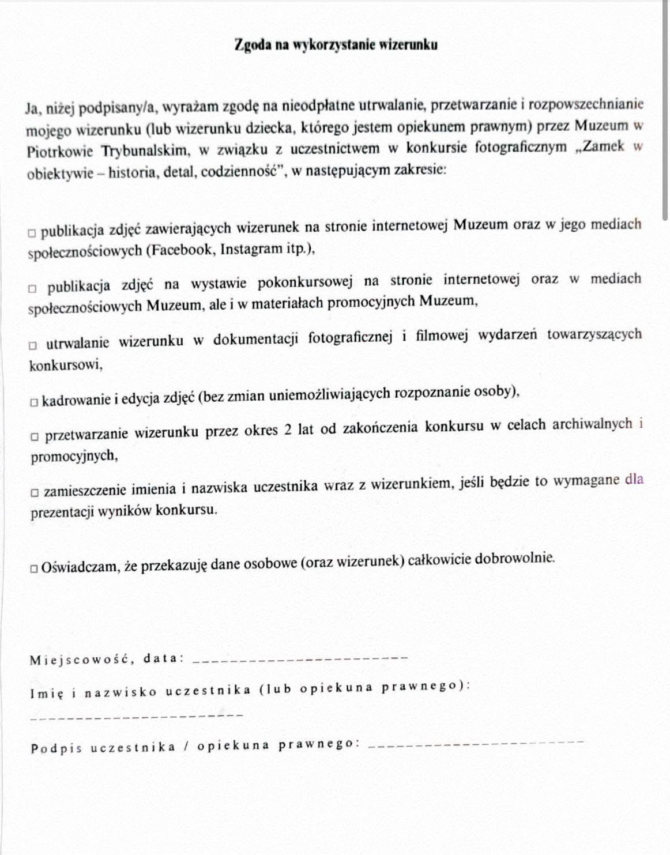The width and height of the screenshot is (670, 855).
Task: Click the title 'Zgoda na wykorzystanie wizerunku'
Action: point(336,45)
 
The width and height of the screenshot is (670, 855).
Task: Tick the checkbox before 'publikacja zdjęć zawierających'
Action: point(32,233)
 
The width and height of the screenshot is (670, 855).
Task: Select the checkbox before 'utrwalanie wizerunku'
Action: point(33,345)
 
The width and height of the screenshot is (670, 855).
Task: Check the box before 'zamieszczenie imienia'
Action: point(35,492)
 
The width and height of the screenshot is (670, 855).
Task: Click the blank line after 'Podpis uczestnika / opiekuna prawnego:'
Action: point(475,744)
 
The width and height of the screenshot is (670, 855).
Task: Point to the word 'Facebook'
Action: point(182,250)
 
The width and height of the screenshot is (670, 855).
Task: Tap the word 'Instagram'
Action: point(252,249)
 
